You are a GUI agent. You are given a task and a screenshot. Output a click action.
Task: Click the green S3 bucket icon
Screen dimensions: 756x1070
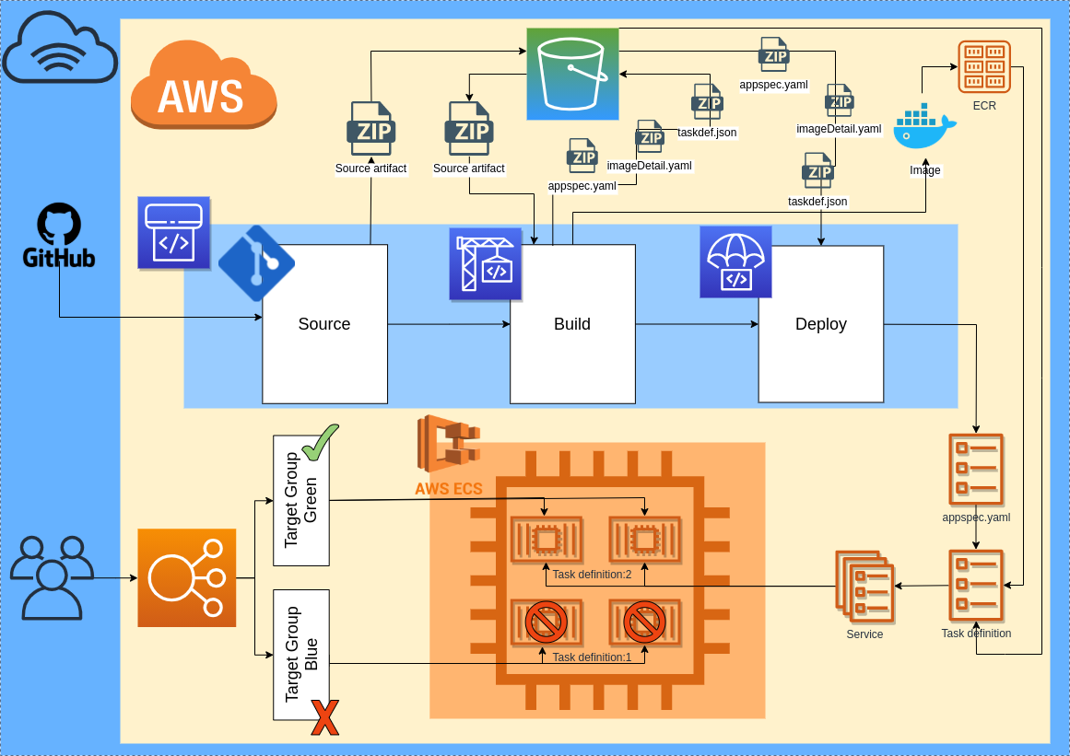[572, 74]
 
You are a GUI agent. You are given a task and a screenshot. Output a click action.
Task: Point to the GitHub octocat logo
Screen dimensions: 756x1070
[59, 225]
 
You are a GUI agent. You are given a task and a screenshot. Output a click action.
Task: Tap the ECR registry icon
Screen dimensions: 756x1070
[984, 66]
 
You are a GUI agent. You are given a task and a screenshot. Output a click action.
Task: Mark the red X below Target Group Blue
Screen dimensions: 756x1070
[324, 717]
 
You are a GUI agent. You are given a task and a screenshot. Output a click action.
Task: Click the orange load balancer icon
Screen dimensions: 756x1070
[187, 577]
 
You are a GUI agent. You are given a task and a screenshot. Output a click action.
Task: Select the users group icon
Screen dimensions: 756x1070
[52, 577]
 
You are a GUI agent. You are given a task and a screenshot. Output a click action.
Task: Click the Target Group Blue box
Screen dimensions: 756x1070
[301, 655]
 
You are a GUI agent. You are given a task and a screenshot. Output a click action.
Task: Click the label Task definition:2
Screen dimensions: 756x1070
[593, 575]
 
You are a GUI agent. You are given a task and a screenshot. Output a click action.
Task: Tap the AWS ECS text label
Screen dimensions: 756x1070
[448, 489]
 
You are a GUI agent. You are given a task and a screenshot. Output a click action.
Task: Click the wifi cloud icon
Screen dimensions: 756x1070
[60, 52]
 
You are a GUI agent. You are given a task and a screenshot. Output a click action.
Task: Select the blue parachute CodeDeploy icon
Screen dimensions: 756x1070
[735, 262]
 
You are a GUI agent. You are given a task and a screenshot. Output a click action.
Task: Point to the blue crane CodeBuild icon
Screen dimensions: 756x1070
[486, 264]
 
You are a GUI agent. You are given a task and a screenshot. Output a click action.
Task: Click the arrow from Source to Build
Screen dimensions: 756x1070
[449, 324]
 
